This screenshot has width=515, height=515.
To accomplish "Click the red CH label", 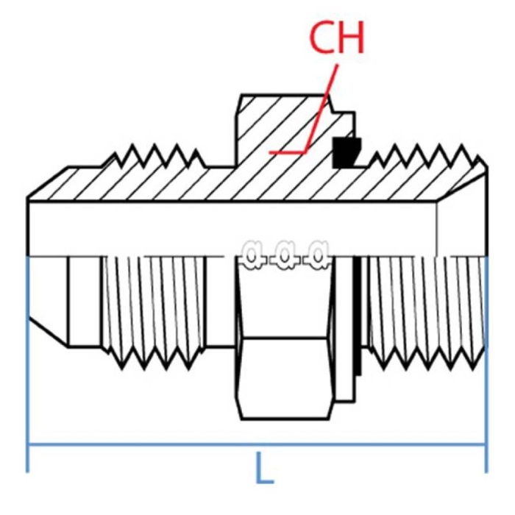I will [336, 39].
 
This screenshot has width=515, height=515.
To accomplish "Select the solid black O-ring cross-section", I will [344, 152].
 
